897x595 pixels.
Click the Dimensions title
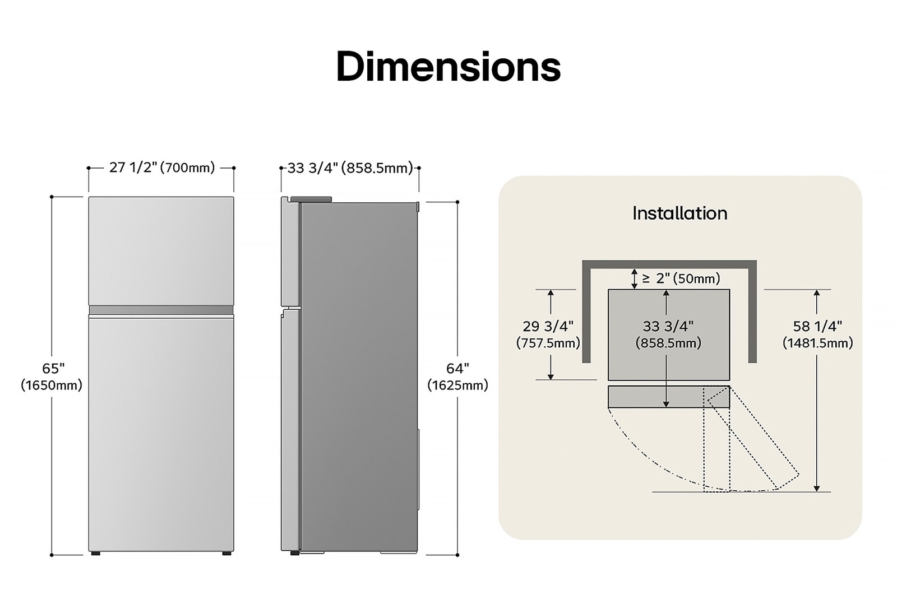point(448,67)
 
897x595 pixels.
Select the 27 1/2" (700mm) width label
point(161,168)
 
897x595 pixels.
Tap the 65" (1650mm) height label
point(52,376)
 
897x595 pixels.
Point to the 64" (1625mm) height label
point(457,376)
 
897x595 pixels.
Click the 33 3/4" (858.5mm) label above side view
point(350,168)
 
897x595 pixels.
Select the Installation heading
point(679,213)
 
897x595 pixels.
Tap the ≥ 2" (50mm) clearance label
point(681,278)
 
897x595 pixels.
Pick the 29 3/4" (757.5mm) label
point(548,334)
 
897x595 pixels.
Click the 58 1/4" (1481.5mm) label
point(817,334)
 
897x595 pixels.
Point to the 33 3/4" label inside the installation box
point(668,326)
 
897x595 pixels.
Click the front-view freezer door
point(161,250)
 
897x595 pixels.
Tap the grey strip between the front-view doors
point(161,310)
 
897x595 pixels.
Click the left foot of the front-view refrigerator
point(96,554)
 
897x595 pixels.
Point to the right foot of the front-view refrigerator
point(226,554)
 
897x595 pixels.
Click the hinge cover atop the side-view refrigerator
point(311,199)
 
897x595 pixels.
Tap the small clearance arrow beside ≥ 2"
point(634,278)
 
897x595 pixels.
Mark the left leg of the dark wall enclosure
point(586,314)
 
